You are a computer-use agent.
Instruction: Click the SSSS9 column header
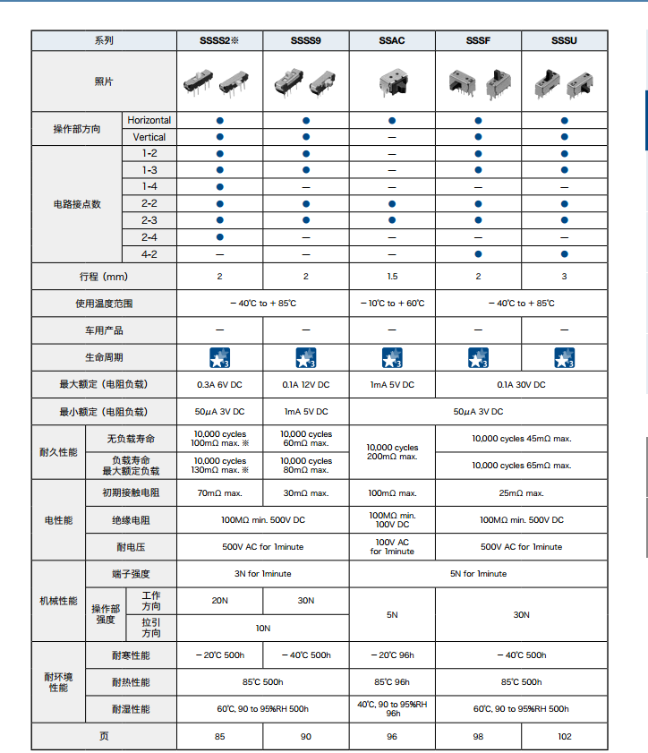(305, 41)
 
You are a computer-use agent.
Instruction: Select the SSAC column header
(391, 41)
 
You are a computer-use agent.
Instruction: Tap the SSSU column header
(564, 41)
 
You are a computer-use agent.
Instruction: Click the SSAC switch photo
(391, 81)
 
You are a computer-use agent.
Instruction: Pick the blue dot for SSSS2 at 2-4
(219, 237)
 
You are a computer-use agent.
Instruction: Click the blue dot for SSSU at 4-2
(564, 254)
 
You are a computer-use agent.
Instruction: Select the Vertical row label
(149, 137)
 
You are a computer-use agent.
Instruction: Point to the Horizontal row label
(149, 120)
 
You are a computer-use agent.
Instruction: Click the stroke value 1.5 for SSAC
(391, 277)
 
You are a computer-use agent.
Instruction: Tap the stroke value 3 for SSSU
(564, 277)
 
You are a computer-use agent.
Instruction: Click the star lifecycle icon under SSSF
(478, 358)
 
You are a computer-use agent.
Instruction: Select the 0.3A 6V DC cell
(219, 385)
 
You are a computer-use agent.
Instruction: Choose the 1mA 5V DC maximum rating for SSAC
(391, 385)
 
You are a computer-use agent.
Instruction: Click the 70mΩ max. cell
(219, 493)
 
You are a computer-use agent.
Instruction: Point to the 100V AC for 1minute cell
(391, 546)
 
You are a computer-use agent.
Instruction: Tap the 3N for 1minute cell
(262, 574)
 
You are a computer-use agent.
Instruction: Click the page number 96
(391, 736)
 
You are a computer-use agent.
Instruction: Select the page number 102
(564, 736)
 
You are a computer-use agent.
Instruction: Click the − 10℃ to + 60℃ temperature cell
(391, 304)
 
